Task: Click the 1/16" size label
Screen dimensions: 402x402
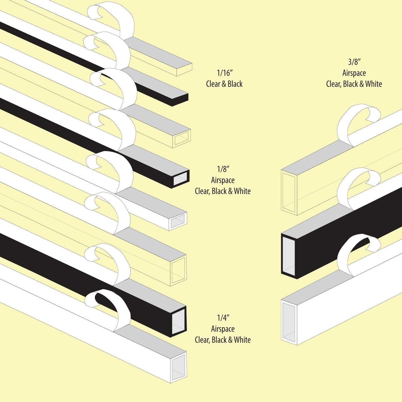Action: coord(225,73)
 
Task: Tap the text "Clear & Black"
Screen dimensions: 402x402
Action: coord(224,84)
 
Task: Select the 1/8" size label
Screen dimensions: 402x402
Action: coord(223,169)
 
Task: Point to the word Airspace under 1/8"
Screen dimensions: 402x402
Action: coord(223,180)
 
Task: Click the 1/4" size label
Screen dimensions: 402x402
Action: coord(223,318)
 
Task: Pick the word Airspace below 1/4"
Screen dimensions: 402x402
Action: coord(223,329)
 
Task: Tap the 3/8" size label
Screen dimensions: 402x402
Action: coord(354,62)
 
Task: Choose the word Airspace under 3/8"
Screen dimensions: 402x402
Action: coord(354,73)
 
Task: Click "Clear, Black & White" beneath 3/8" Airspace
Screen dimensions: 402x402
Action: coord(354,84)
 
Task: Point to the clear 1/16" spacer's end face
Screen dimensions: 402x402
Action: coord(184,70)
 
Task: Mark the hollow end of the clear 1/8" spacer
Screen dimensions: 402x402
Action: coord(181,138)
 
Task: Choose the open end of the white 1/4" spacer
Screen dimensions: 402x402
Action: coord(178,367)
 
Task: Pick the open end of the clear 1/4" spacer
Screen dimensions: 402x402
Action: coord(178,270)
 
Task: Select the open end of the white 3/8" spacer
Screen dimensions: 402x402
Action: coord(288,322)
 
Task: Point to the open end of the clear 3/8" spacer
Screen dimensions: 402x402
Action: coord(288,192)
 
